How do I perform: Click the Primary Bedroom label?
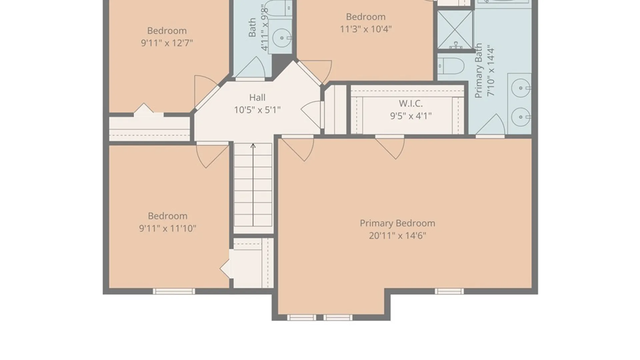[x=397, y=223]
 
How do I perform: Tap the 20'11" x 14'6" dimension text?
[x=397, y=236]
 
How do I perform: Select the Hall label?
[x=257, y=98]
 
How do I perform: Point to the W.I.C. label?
[x=411, y=103]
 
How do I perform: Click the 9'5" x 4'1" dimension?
[x=411, y=116]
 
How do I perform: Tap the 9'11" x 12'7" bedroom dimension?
[x=167, y=43]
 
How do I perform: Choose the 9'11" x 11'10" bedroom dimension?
[x=167, y=228]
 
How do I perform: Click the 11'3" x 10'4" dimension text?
[x=366, y=29]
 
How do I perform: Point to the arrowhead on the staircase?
[x=253, y=146]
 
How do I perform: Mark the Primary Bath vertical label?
[x=479, y=70]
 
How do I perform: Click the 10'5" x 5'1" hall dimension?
[x=257, y=110]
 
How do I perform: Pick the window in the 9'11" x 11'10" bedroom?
[x=174, y=291]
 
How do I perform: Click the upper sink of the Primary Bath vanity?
[x=521, y=88]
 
